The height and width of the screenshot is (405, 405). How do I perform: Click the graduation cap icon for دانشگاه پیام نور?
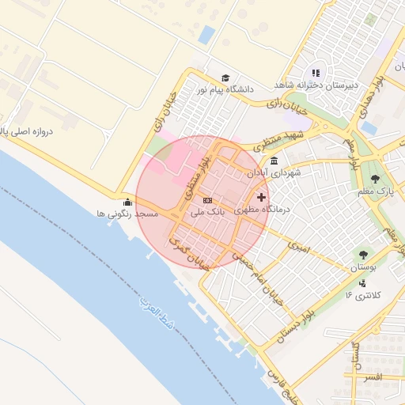pos(225,78)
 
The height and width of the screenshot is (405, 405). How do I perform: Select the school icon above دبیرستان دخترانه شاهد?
pos(316,73)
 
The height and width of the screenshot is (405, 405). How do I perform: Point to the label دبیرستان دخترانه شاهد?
pos(316,85)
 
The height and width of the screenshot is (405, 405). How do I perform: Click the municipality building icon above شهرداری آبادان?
pos(274,161)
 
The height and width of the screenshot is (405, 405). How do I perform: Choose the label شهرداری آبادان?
pos(274,173)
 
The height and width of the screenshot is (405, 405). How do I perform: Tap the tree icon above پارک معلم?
pos(375,178)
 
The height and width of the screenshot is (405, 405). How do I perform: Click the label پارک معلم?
pos(375,191)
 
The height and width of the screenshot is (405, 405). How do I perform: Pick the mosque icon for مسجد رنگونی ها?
pos(128,202)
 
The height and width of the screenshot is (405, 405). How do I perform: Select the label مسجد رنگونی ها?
pos(127,214)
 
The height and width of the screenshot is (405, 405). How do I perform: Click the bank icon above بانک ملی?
pos(207,200)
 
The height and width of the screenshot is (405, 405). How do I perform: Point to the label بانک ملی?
pos(209,213)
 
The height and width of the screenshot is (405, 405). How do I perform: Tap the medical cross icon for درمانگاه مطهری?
pos(261,196)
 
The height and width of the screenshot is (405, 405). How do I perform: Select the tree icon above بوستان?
pos(363,255)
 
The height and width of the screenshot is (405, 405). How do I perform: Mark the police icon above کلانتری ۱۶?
pos(363,282)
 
